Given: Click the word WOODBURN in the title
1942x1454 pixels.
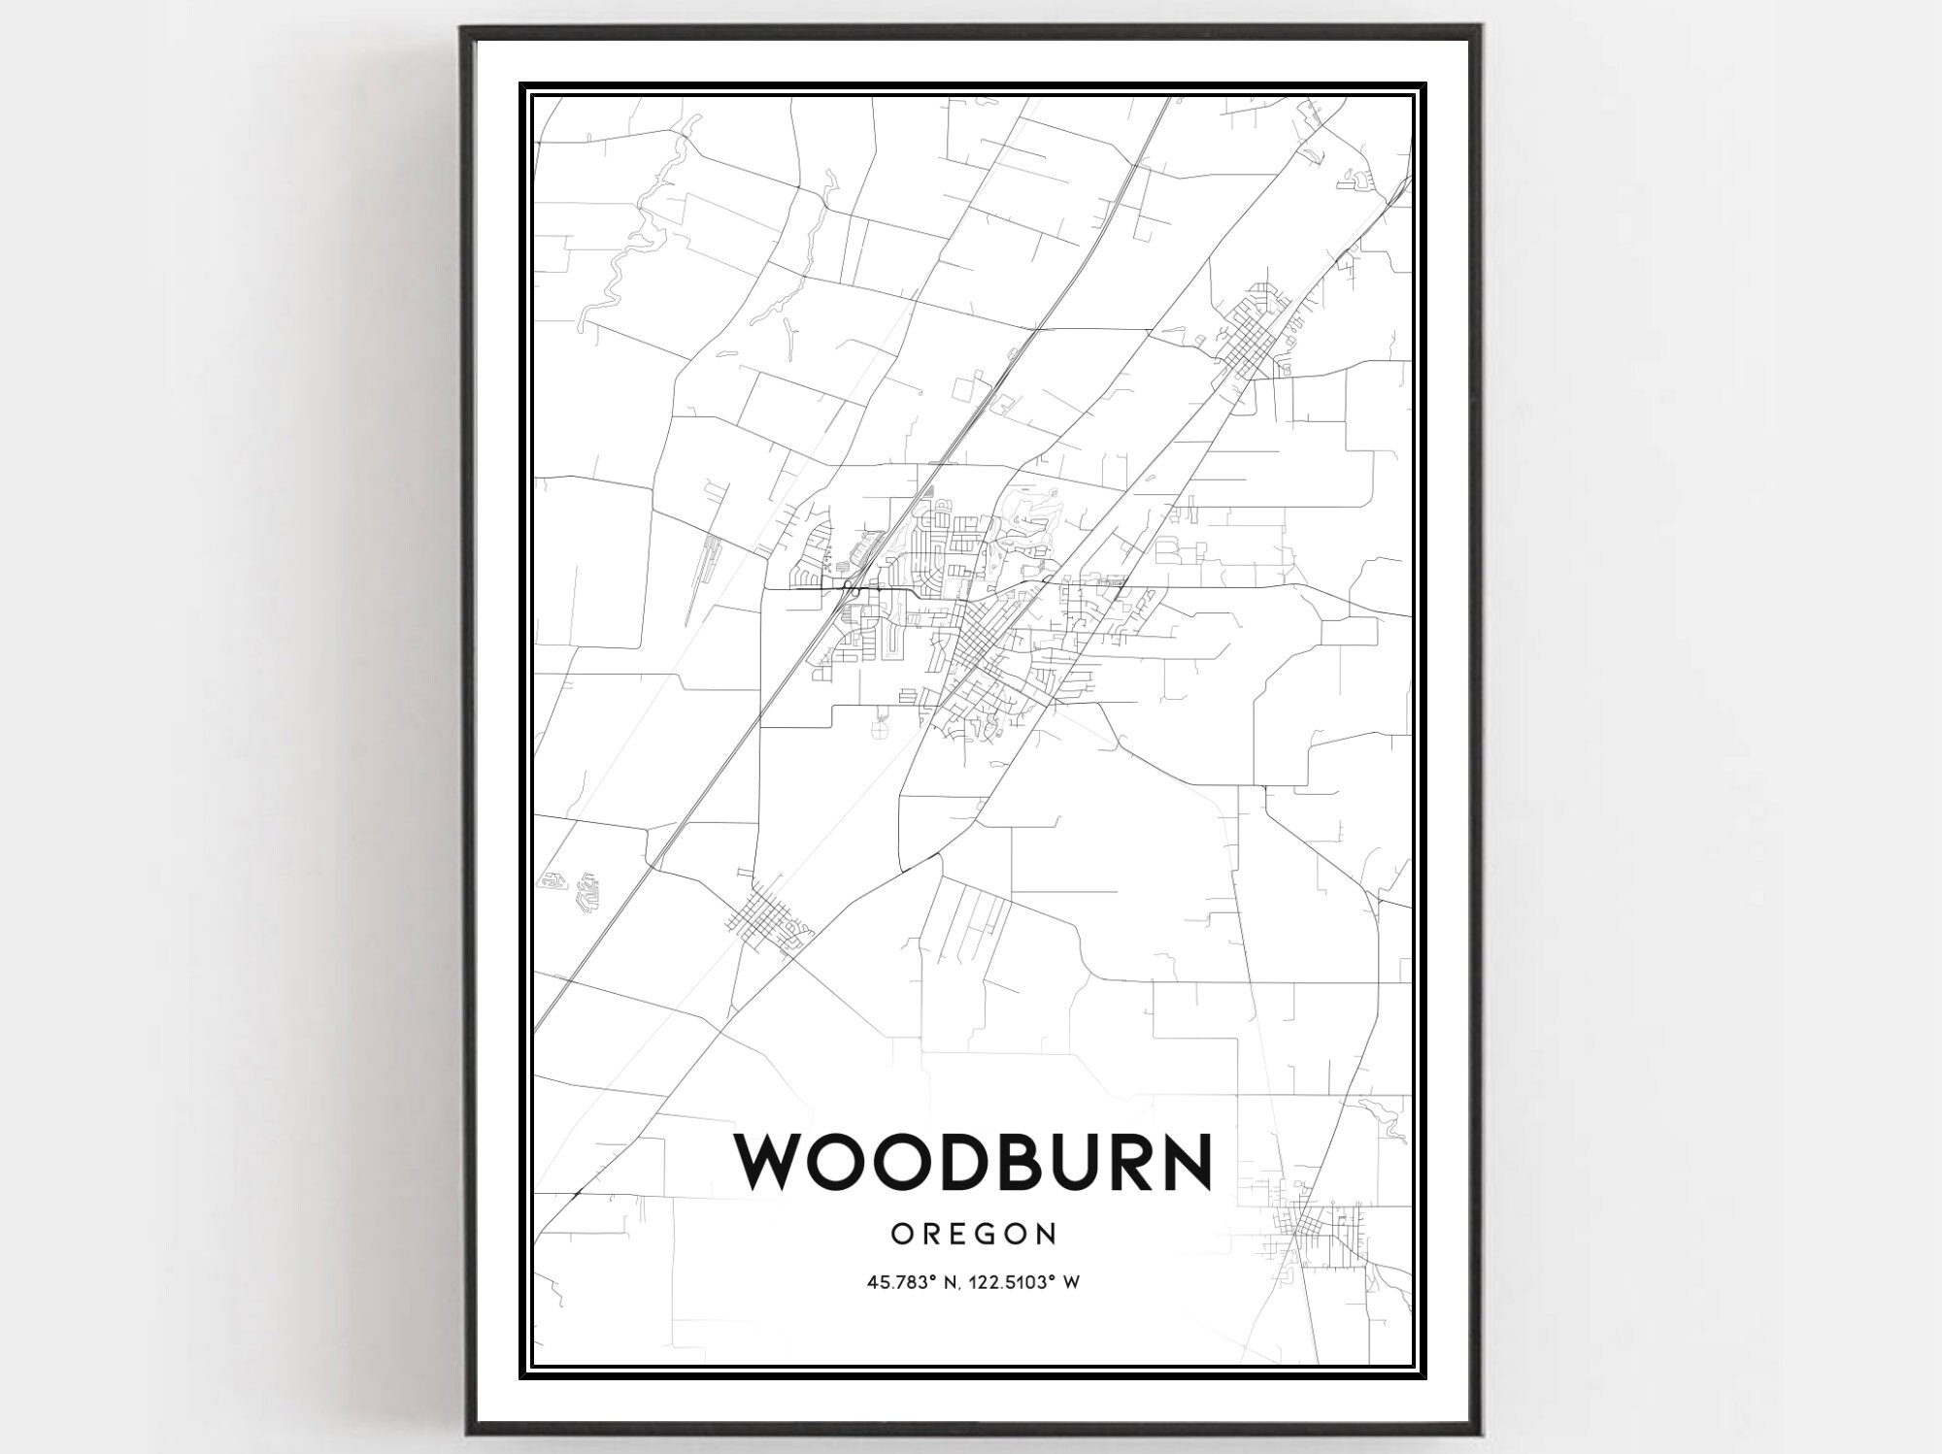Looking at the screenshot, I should pyautogui.click(x=974, y=1161).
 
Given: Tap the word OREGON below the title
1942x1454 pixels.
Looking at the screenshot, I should pyautogui.click(x=974, y=1234).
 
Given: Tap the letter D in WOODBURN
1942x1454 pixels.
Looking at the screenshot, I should pyautogui.click(x=955, y=1161).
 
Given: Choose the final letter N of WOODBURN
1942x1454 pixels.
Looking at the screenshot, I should pyautogui.click(x=1185, y=1161).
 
